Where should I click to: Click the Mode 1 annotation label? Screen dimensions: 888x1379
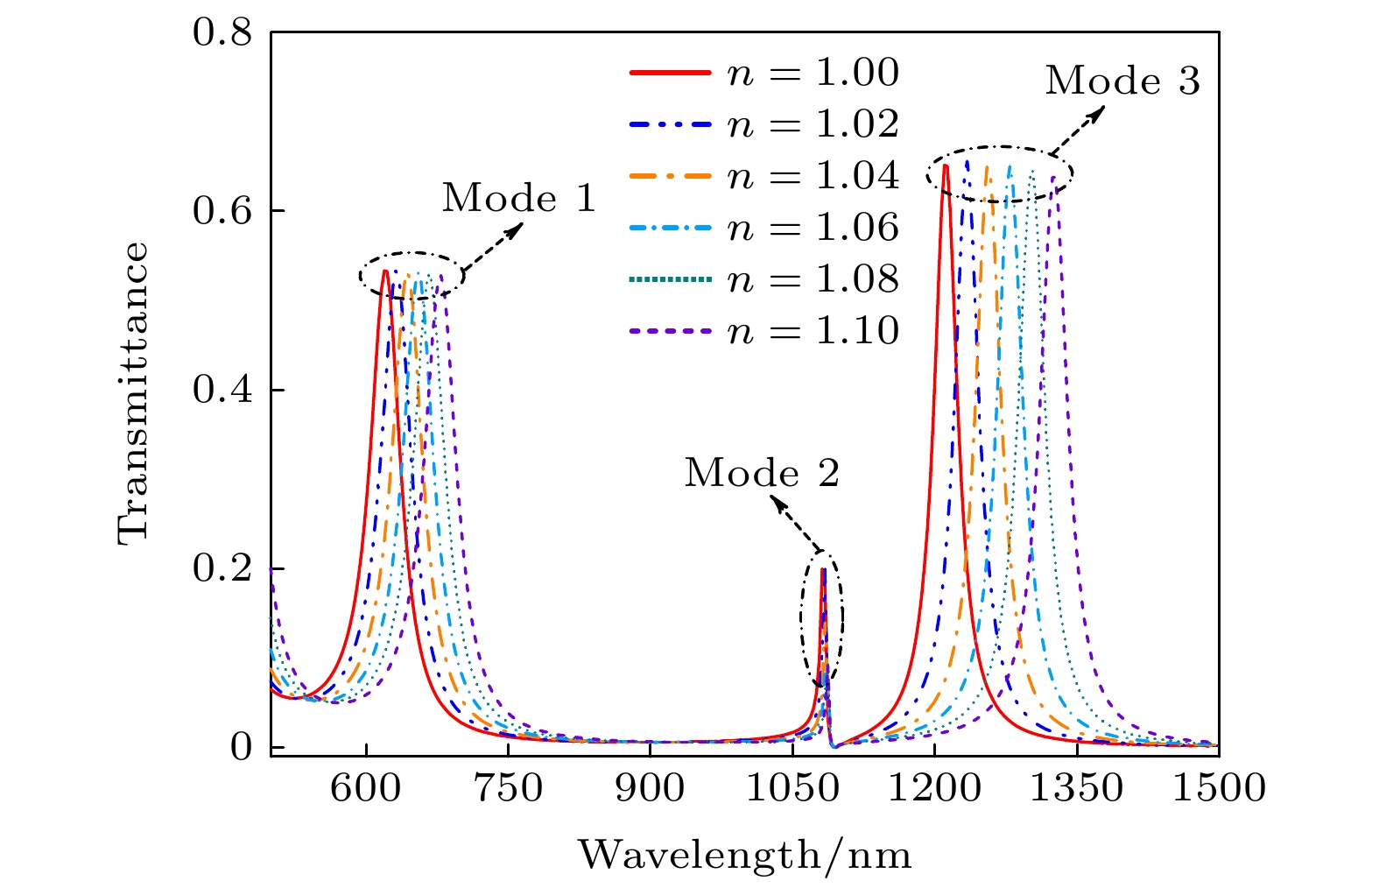(x=518, y=199)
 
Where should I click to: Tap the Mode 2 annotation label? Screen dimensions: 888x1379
(x=762, y=474)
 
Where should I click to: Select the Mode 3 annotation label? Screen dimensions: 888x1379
(x=1122, y=81)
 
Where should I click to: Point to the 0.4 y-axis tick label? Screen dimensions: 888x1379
(x=222, y=391)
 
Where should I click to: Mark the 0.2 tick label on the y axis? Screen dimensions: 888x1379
(x=222, y=569)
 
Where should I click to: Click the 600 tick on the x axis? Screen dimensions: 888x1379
(x=366, y=789)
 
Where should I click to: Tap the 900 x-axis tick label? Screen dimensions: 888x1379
(x=650, y=789)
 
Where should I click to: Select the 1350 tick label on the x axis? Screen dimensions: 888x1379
(x=1076, y=789)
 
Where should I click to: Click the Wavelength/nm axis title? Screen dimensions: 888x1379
(x=744, y=855)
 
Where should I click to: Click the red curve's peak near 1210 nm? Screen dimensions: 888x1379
(x=945, y=166)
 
